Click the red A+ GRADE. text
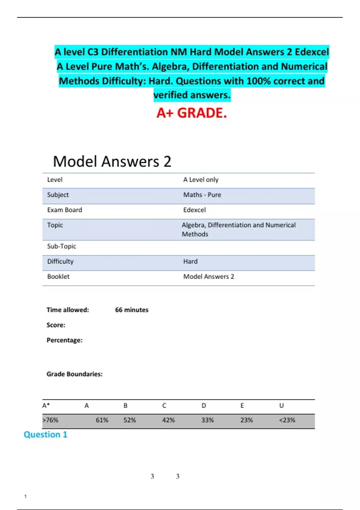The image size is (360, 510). click(191, 113)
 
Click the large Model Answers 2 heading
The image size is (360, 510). click(112, 161)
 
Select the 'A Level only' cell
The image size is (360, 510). click(201, 180)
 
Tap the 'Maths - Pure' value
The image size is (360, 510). click(202, 195)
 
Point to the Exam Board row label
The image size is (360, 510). click(64, 210)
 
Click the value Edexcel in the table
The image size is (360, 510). click(194, 210)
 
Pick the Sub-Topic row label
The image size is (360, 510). click(61, 246)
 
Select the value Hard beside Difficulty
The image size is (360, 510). click(190, 261)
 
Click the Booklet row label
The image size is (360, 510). click(58, 277)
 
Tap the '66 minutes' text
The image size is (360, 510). click(132, 310)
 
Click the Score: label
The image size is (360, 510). click(56, 325)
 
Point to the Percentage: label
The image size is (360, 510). click(64, 340)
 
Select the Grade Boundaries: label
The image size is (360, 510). click(74, 374)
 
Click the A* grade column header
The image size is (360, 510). click(46, 406)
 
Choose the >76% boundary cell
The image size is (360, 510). click(50, 420)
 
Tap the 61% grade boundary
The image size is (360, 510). click(102, 420)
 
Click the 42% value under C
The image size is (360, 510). click(168, 420)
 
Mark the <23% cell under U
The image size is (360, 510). click(287, 420)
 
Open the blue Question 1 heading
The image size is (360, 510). click(46, 434)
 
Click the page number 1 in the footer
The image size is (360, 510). click(25, 496)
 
